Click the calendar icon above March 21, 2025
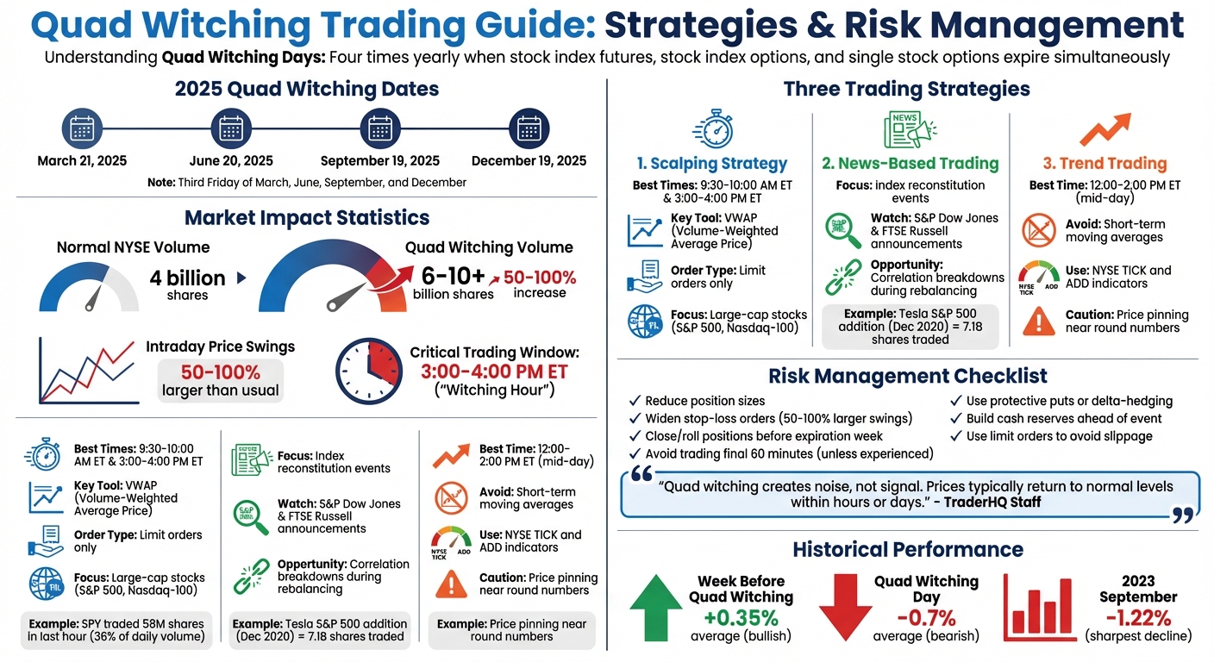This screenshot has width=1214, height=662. pyautogui.click(x=81, y=129)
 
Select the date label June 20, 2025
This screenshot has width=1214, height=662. pyautogui.click(x=231, y=160)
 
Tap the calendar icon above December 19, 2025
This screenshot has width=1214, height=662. pyautogui.click(x=529, y=129)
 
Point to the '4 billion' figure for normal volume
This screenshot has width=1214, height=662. pyautogui.click(x=187, y=278)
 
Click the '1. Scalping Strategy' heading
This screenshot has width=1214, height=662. pyautogui.click(x=711, y=163)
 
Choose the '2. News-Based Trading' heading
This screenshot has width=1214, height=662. pyautogui.click(x=910, y=163)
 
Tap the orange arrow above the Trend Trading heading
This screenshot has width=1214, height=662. pyautogui.click(x=1105, y=129)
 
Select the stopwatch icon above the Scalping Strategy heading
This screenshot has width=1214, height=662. pyautogui.click(x=712, y=128)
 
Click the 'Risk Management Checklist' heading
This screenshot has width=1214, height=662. pyautogui.click(x=907, y=376)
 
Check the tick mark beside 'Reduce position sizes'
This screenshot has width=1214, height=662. pyautogui.click(x=635, y=401)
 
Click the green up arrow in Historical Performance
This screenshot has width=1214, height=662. pyautogui.click(x=655, y=608)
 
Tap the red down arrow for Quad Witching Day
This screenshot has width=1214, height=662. pyautogui.click(x=845, y=608)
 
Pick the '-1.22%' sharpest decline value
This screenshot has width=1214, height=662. pyautogui.click(x=1138, y=617)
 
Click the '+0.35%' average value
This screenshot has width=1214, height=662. pyautogui.click(x=741, y=617)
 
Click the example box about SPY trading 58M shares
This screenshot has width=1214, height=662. pyautogui.click(x=116, y=630)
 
